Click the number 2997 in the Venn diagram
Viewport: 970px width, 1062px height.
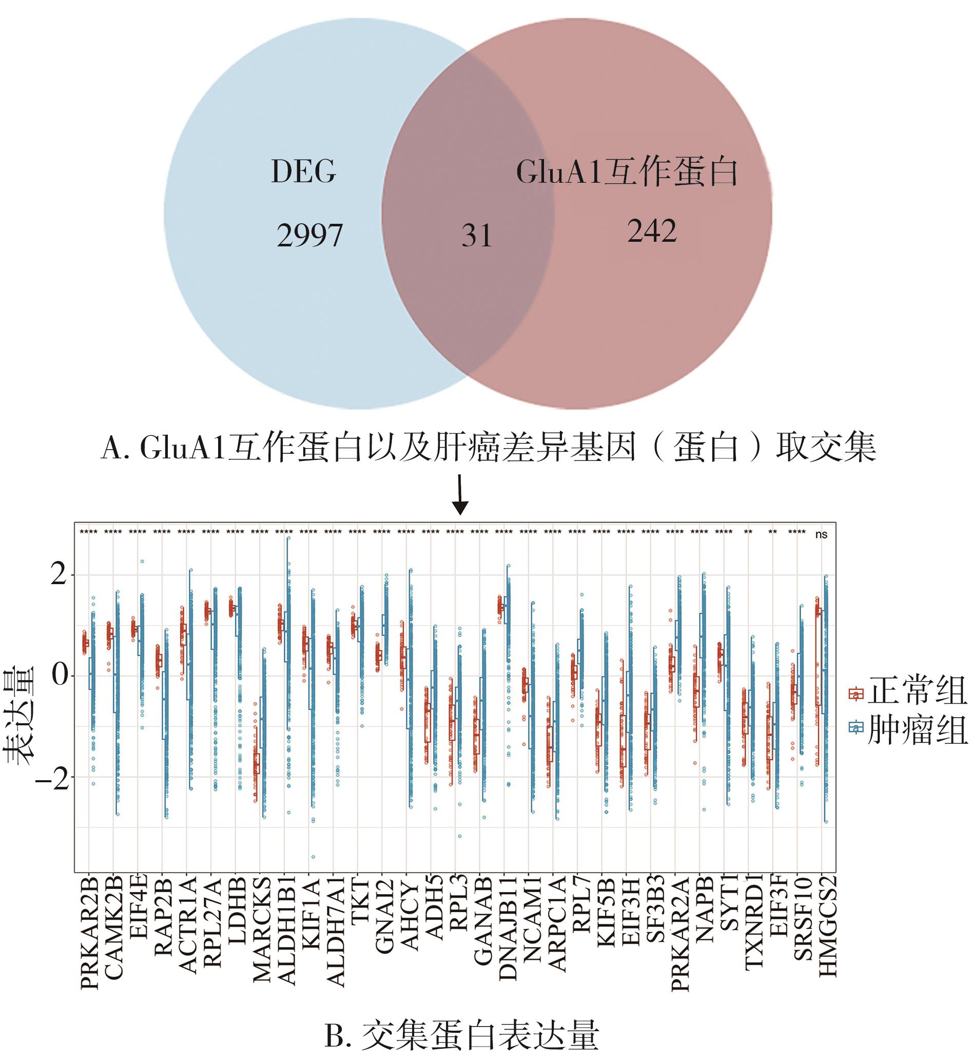point(309,235)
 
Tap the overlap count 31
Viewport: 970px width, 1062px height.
point(477,236)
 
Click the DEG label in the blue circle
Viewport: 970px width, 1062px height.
point(303,171)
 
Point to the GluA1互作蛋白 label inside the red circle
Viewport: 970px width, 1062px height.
point(627,172)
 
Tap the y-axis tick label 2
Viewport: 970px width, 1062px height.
point(59,575)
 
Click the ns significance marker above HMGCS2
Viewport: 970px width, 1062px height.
point(821,535)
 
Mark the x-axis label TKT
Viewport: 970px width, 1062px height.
point(360,900)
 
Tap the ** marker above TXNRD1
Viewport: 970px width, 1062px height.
point(748,533)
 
